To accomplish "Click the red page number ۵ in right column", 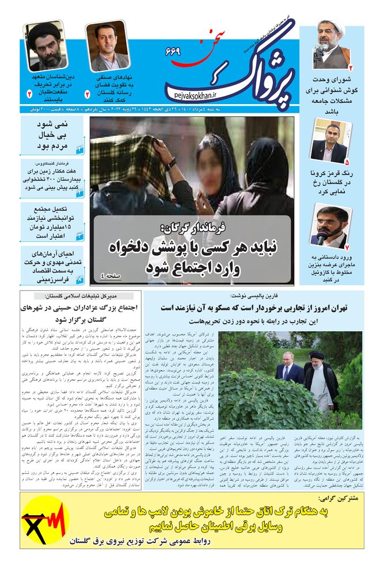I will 346,164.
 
